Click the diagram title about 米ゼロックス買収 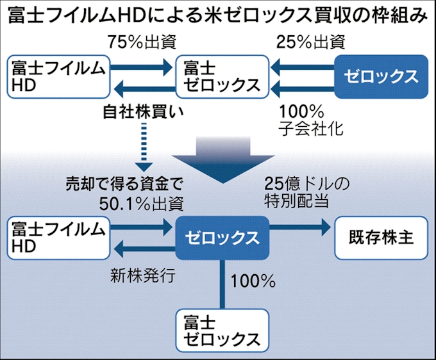pos(217,15)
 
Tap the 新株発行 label pos(140,275)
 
